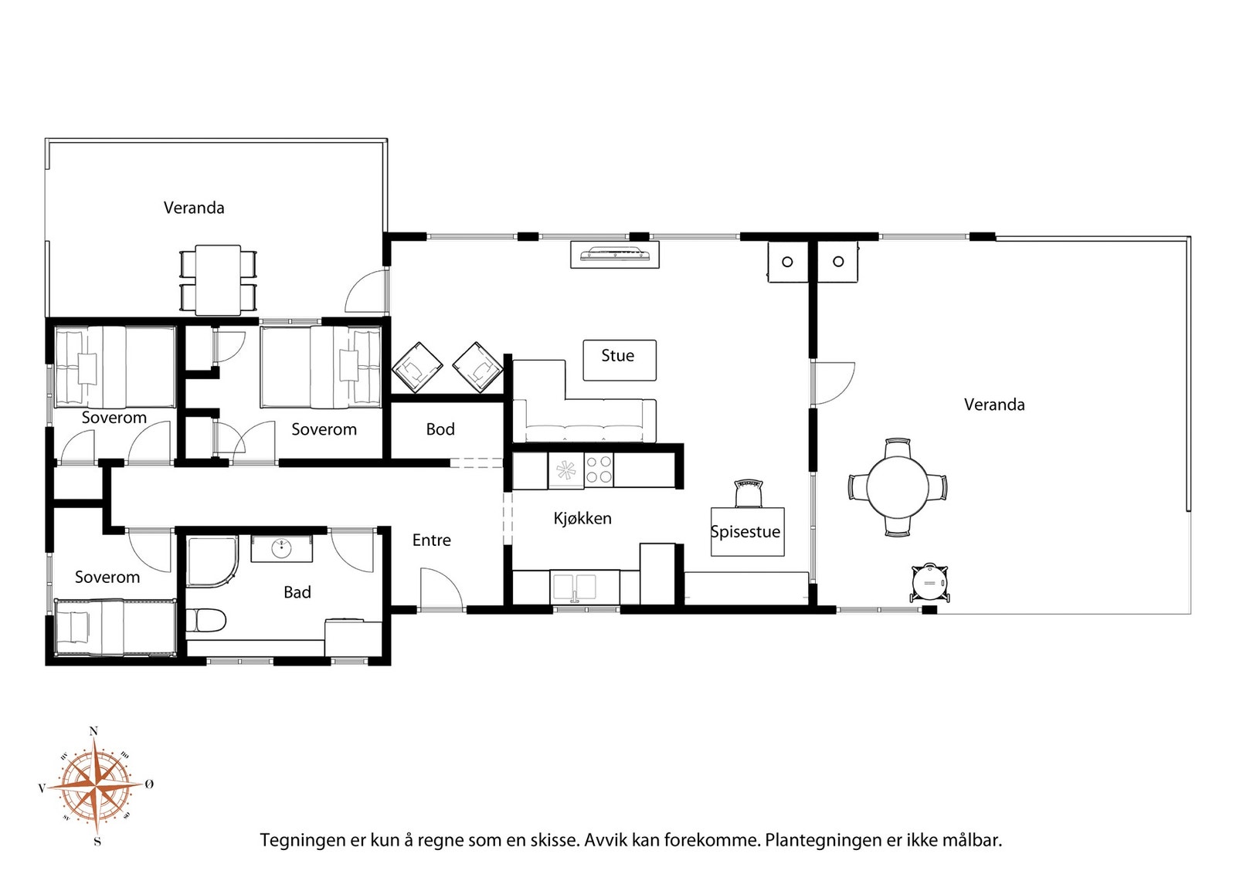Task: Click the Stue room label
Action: point(617,356)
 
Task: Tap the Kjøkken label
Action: point(582,518)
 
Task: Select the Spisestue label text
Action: point(745,531)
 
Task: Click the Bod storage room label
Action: point(440,429)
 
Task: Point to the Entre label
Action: point(432,540)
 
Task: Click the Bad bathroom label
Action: point(297,592)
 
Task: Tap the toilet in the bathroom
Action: point(205,620)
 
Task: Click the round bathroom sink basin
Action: point(282,547)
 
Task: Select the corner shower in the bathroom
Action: point(212,562)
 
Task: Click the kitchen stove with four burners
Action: point(598,469)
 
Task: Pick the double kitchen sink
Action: point(575,587)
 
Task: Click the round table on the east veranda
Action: point(898,487)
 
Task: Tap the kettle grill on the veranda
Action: point(930,582)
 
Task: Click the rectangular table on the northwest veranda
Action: point(218,280)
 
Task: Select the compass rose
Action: point(96,786)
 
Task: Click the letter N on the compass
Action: point(93,731)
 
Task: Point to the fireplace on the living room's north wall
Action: point(615,255)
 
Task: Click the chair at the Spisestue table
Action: point(749,493)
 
